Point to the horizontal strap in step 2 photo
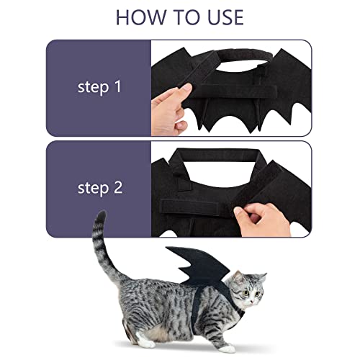coord(209,196)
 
